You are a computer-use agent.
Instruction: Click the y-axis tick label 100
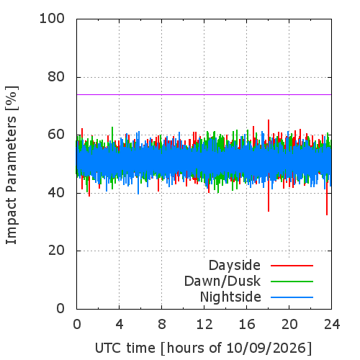(52, 19)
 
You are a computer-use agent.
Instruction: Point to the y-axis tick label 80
(56, 77)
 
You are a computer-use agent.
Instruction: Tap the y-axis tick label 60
(56, 135)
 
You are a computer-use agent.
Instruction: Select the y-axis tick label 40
(56, 193)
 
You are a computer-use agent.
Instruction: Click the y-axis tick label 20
(56, 251)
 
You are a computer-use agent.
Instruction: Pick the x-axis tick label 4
(120, 324)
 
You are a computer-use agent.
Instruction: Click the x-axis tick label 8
(162, 324)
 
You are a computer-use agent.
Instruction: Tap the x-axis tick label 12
(204, 324)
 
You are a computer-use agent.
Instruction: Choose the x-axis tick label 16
(247, 324)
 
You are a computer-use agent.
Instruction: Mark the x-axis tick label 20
(289, 324)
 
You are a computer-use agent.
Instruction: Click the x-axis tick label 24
(332, 324)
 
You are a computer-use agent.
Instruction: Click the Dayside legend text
(235, 266)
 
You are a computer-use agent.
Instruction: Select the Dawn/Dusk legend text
(222, 281)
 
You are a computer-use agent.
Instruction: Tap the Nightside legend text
(230, 297)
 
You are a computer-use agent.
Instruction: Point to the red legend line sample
(292, 266)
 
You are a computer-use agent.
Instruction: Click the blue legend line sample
(292, 297)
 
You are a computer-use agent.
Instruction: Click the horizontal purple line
(204, 94)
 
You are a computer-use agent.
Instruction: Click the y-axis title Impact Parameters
(12, 180)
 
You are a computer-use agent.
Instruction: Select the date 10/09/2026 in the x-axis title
(266, 348)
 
